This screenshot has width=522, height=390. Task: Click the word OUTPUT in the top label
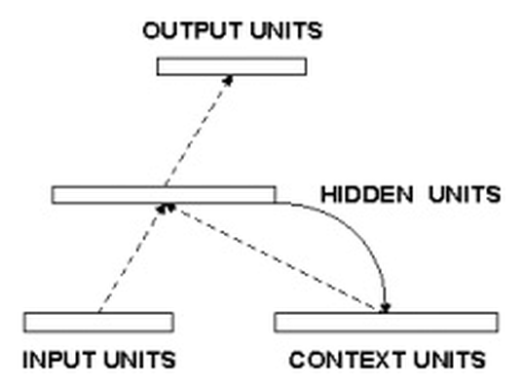[x=192, y=30]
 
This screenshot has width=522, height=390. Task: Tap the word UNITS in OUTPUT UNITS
[x=286, y=30]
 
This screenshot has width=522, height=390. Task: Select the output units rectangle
[x=232, y=66]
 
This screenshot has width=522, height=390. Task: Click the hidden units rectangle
[x=164, y=195]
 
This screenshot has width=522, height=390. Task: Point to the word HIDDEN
[x=367, y=194]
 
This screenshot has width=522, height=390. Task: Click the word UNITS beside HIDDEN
[x=465, y=194]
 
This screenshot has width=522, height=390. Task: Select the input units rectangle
[x=98, y=323]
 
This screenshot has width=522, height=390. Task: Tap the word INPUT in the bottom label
[x=58, y=360]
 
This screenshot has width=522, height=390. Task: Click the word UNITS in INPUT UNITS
[x=139, y=360]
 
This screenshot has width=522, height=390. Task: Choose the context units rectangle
[x=387, y=323]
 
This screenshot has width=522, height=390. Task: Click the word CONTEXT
[x=347, y=360]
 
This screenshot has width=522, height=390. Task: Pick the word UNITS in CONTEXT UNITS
[x=449, y=360]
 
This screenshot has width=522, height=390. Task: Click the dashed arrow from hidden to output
[x=199, y=131]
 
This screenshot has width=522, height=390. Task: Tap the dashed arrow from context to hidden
[x=273, y=258]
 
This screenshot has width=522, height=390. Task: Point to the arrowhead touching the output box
[x=228, y=80]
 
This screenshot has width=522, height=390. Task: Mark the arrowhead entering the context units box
[x=386, y=308]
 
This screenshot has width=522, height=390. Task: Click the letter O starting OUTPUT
[x=152, y=30]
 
